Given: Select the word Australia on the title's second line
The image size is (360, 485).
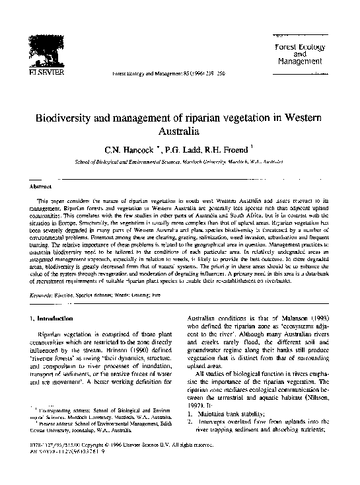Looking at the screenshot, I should point(179,132).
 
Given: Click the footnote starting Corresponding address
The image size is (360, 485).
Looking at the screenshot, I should point(92,429).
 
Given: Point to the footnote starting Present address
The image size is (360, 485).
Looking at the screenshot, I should point(92,443).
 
